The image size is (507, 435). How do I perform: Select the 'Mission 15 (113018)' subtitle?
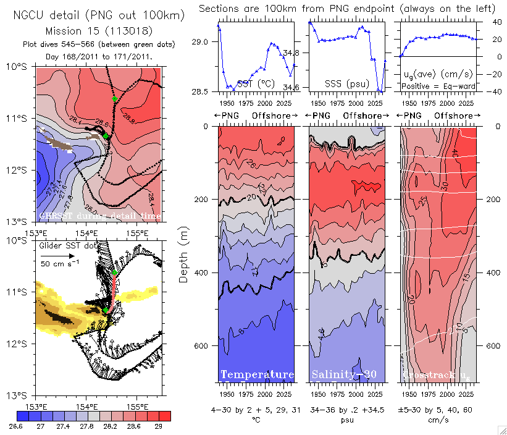(x=99, y=30)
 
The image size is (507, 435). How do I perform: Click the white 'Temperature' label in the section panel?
(x=257, y=374)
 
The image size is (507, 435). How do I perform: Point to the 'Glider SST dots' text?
(x=70, y=245)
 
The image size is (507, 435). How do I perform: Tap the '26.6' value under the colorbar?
(x=17, y=426)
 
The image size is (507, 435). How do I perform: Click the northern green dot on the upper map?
(x=114, y=98)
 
